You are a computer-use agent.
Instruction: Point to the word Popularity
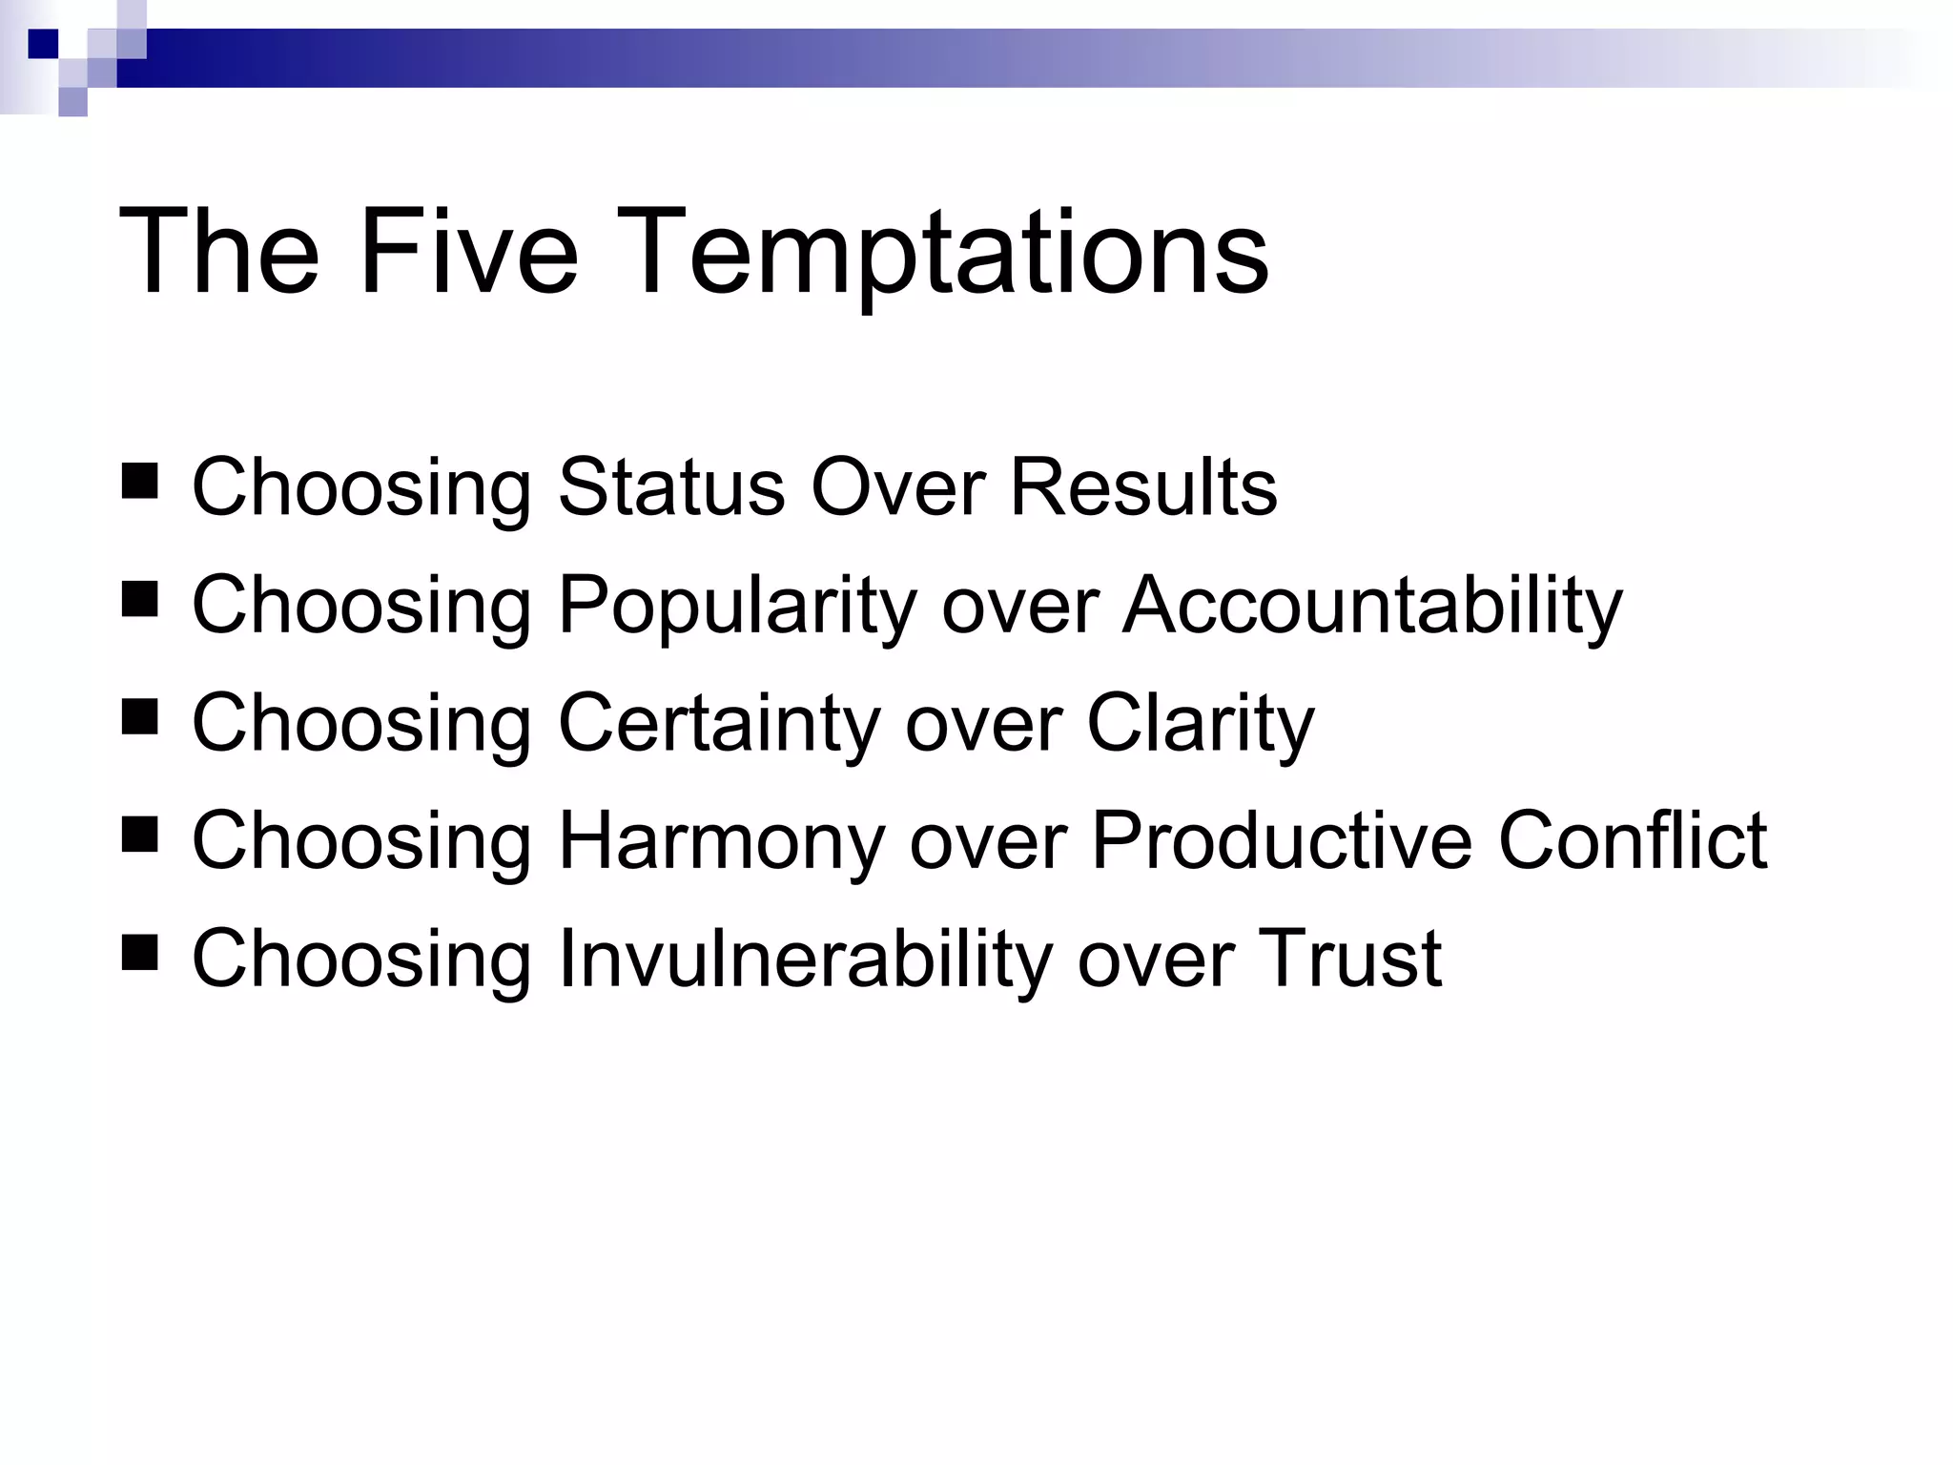[736, 605]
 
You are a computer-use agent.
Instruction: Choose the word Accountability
[1371, 605]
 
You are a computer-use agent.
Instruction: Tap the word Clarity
[1200, 723]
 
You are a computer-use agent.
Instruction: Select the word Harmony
[721, 840]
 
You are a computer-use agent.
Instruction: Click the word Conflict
[1633, 840]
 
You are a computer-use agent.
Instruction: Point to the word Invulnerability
[805, 958]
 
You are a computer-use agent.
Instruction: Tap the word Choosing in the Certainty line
[361, 723]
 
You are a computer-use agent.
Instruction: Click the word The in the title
[217, 254]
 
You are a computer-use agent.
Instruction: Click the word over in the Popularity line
[1020, 605]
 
